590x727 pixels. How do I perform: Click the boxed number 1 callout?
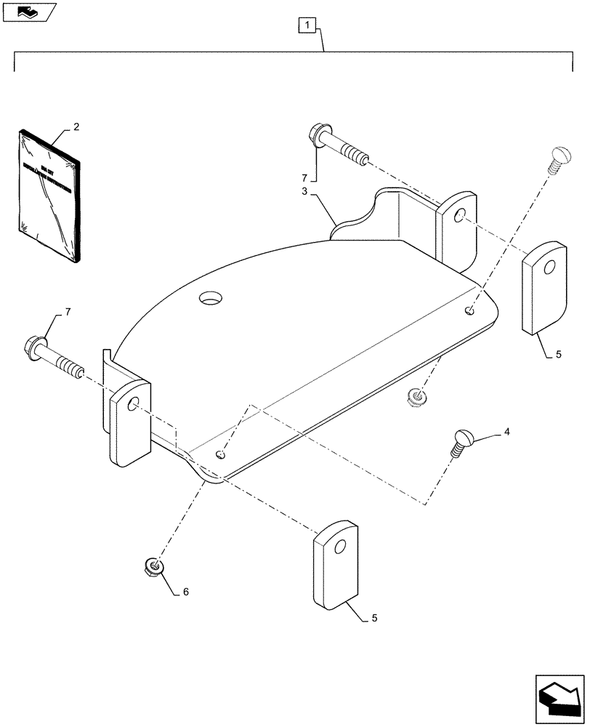click(308, 26)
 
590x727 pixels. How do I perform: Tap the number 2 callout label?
click(76, 126)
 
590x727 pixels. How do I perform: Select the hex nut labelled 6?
click(153, 565)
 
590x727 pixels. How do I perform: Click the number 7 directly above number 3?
click(305, 177)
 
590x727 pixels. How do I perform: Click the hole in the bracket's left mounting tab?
click(134, 403)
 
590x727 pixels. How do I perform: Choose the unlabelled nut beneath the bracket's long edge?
click(417, 397)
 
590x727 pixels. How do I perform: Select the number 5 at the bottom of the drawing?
click(375, 619)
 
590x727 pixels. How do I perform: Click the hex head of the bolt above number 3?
click(317, 134)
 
